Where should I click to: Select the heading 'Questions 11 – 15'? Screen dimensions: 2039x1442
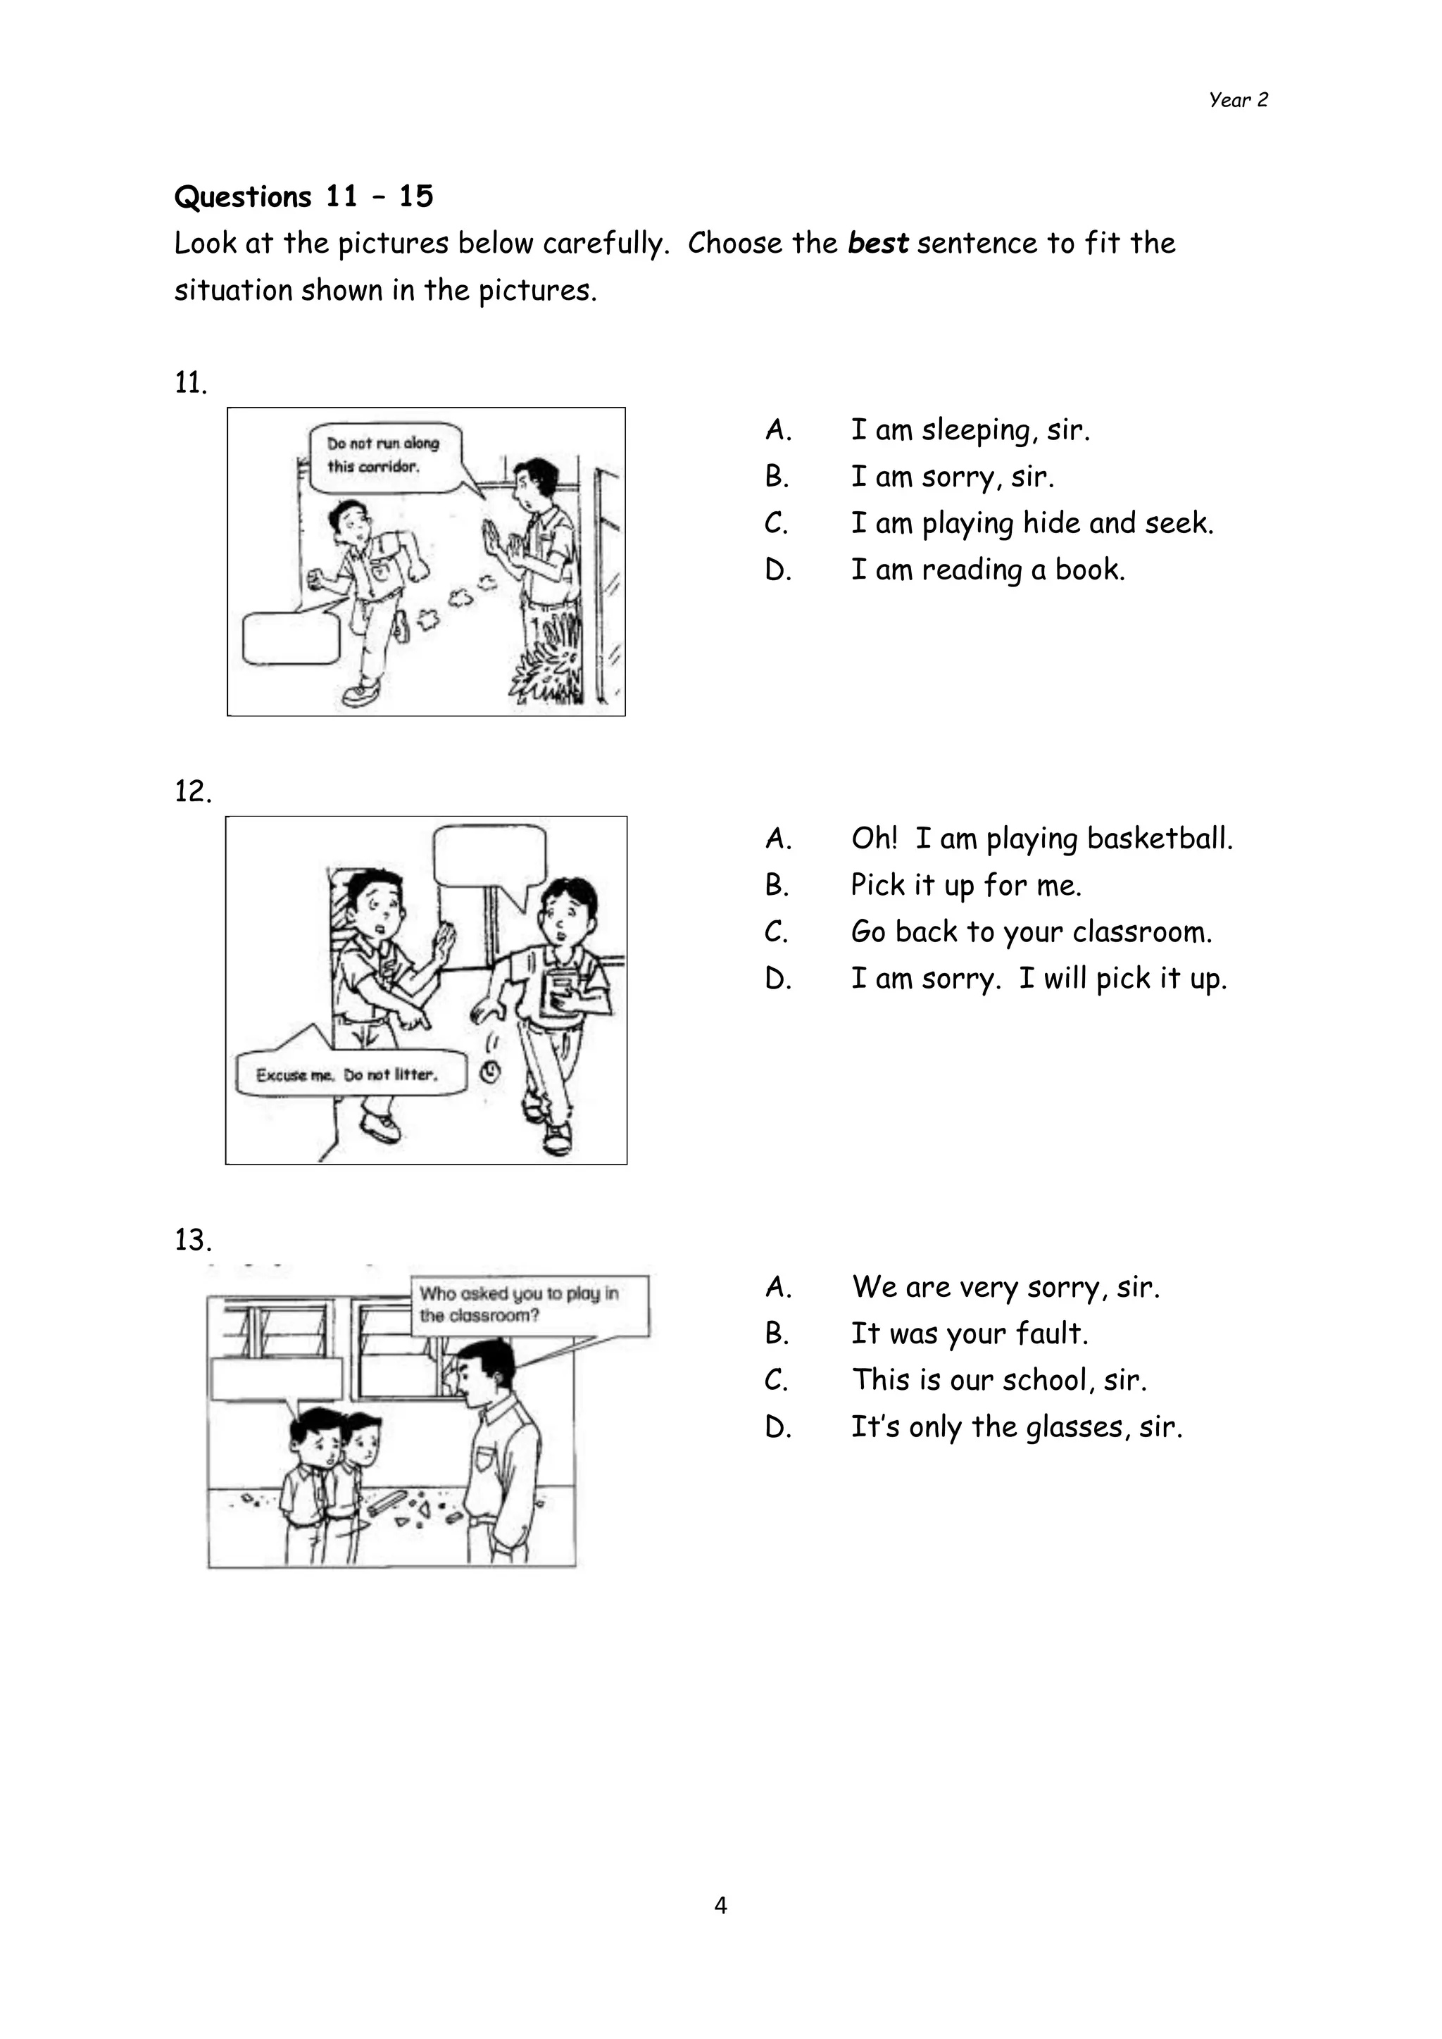303,196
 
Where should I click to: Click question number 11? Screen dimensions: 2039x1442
190,383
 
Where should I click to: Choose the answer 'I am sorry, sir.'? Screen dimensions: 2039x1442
952,477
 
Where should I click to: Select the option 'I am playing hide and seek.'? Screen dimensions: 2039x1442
1031,523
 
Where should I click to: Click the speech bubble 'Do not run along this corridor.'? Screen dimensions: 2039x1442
384,455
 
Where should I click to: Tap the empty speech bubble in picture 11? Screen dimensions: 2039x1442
290,636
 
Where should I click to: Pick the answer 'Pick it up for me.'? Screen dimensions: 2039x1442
965,886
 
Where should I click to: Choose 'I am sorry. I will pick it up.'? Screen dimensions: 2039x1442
1038,979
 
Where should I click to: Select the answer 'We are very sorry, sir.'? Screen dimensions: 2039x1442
1005,1287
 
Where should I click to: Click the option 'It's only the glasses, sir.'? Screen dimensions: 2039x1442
1016,1427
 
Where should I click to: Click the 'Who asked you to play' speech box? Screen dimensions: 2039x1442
529,1305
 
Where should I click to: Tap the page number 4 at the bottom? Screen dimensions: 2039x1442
720,1905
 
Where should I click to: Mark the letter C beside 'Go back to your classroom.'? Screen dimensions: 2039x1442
777,932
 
